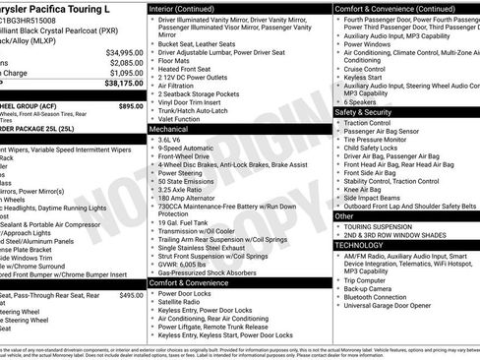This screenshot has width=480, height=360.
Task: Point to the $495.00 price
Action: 131,294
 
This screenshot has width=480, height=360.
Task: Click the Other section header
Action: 345,215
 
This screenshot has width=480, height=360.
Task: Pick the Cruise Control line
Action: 365,69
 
